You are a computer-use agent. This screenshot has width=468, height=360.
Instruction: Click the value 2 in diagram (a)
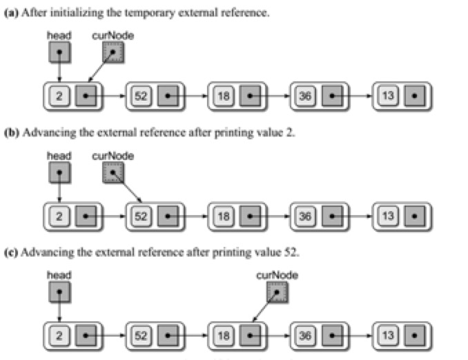point(59,96)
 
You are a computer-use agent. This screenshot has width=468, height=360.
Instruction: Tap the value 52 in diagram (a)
point(141,96)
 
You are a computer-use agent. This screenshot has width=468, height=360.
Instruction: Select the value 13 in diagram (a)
point(388,96)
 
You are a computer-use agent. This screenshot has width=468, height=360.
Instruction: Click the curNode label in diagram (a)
point(113,34)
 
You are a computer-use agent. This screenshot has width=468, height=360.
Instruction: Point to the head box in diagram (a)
point(60,51)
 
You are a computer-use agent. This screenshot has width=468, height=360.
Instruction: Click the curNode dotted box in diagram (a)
point(113,51)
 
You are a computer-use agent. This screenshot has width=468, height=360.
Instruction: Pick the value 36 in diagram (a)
point(305,96)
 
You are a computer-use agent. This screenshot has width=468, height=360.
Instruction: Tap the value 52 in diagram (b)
point(141,215)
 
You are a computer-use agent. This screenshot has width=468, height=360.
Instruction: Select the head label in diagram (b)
point(59,155)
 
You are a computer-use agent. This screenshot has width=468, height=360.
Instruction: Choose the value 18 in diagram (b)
point(223,215)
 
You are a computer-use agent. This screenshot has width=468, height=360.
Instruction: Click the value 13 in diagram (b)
point(388,215)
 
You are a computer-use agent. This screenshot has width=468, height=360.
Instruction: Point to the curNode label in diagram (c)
point(277,275)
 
